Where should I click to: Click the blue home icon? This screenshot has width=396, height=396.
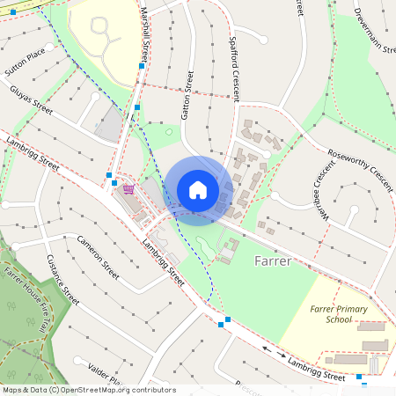click(x=198, y=190)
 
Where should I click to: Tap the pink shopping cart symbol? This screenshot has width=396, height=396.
click(x=128, y=188)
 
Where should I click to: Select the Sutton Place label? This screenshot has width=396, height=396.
click(x=24, y=59)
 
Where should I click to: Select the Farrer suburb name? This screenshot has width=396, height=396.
click(x=272, y=260)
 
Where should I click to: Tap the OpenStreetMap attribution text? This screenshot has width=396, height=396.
click(x=89, y=389)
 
